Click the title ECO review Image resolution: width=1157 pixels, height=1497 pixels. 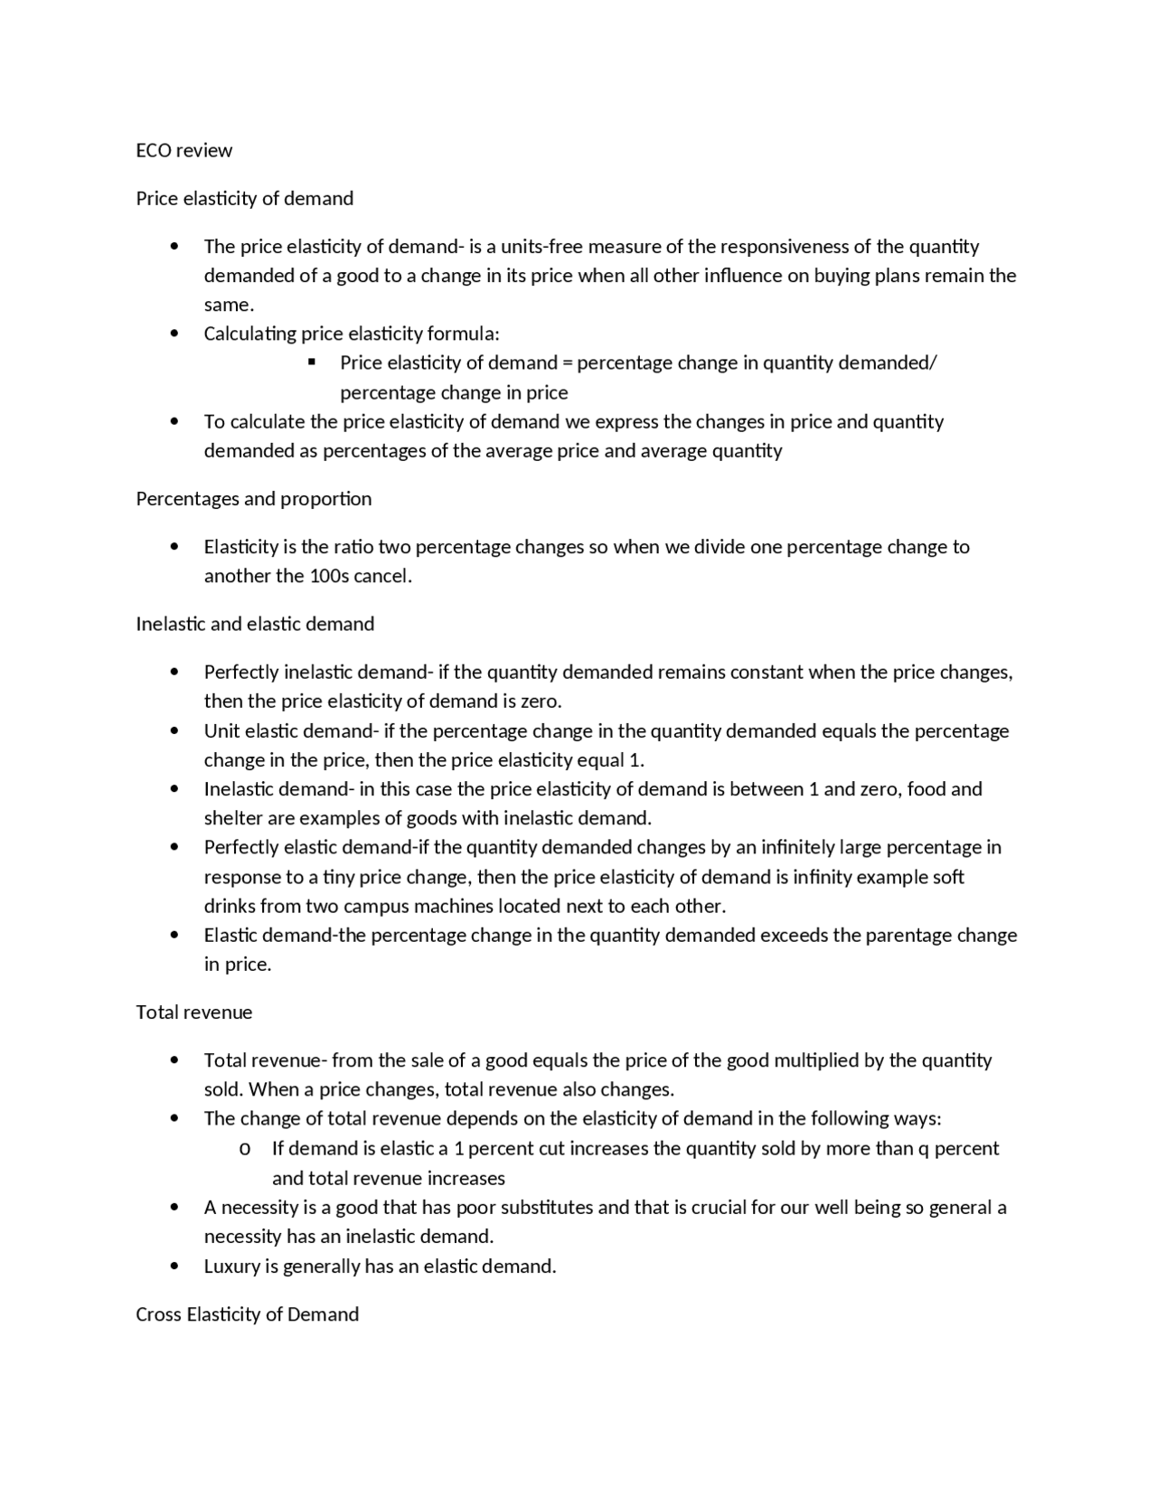(x=183, y=150)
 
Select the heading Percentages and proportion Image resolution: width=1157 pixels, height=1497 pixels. (x=253, y=499)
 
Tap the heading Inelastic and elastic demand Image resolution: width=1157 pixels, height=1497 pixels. (x=255, y=624)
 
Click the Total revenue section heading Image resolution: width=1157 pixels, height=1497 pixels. (x=193, y=1012)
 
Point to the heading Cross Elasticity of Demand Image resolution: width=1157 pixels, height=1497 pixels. (x=247, y=1314)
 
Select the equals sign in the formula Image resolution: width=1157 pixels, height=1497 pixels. (x=568, y=363)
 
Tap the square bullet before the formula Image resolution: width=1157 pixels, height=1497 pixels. (x=312, y=362)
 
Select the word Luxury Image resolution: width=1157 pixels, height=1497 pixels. (x=231, y=1266)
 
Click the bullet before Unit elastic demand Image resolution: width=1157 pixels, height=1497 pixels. (x=174, y=730)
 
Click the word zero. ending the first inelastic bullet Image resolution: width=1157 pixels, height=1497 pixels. (x=542, y=701)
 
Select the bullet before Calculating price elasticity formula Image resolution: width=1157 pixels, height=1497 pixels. (x=174, y=334)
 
